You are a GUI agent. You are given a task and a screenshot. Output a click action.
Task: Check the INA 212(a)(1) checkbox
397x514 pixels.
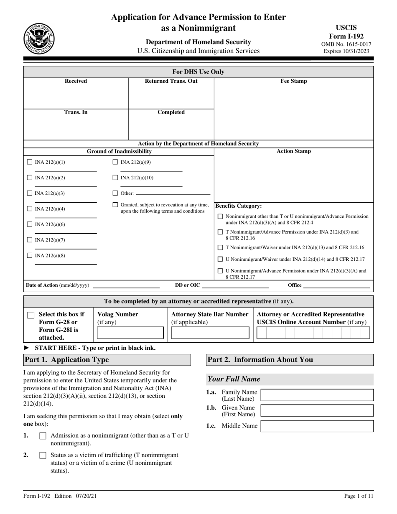coord(30,162)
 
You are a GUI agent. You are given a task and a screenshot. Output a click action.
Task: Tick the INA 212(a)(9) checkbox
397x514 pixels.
coord(115,162)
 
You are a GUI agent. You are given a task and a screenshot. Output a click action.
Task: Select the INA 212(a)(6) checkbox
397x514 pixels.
coord(30,224)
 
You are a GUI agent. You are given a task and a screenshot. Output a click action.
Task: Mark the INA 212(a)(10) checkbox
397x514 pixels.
coord(115,178)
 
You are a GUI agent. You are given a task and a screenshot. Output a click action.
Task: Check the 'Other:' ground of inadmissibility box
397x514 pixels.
coord(115,193)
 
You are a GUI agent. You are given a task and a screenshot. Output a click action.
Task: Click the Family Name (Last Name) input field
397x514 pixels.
coord(317,395)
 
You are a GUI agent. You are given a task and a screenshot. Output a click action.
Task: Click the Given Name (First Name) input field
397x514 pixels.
coord(317,411)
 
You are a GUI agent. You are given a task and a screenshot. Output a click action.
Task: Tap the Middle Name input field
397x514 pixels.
coord(317,426)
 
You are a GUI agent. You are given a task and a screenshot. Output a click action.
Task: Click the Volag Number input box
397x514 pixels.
coord(131,333)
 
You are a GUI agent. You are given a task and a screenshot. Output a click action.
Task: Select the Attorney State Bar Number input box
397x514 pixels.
coord(210,333)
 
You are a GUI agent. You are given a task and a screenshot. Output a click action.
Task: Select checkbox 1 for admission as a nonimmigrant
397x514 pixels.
coord(43,436)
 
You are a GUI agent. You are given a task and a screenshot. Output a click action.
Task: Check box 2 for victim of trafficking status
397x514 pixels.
coord(43,455)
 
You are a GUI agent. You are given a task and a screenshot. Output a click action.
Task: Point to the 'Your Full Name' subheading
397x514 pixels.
coord(234,379)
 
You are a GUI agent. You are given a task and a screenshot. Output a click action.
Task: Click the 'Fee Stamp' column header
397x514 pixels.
coord(293,81)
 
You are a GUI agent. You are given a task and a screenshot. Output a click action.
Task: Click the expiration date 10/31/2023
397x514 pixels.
coord(346,51)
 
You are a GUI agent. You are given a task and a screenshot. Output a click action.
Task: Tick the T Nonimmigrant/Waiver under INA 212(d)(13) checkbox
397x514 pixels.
coord(221,248)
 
